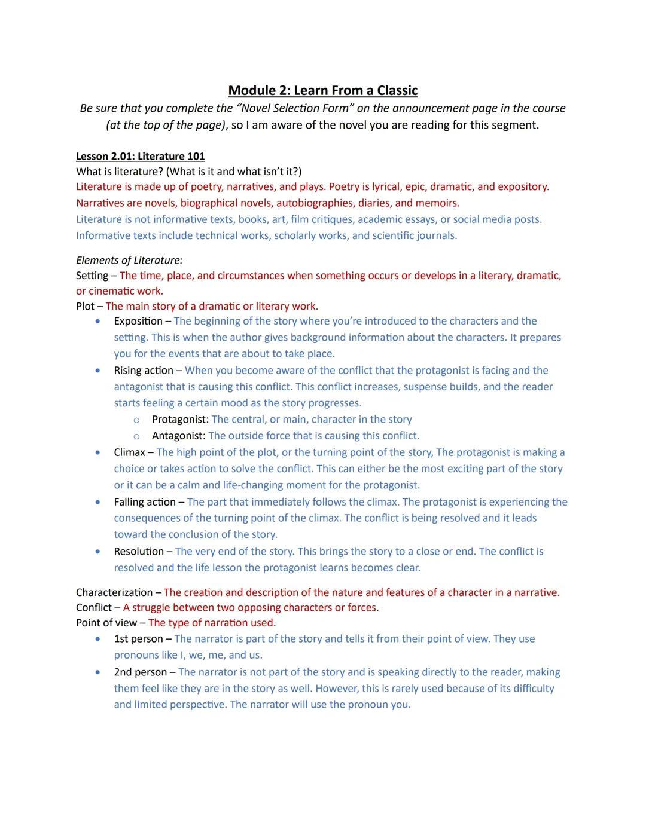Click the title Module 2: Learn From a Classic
tap(322, 91)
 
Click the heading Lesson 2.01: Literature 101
tap(140, 157)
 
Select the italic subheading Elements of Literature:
tap(129, 260)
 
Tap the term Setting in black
tap(92, 276)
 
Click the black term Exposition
tap(138, 321)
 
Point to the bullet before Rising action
tap(97, 371)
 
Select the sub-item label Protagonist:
tap(180, 420)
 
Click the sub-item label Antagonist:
tap(178, 436)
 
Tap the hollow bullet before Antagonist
tap(136, 436)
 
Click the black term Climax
tap(129, 452)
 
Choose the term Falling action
tap(145, 502)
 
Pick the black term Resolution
tap(139, 551)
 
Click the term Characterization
tap(114, 592)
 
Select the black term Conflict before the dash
tap(93, 608)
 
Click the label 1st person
tap(138, 639)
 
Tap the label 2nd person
tap(140, 672)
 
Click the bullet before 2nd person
tap(97, 672)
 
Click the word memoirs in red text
tap(437, 203)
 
